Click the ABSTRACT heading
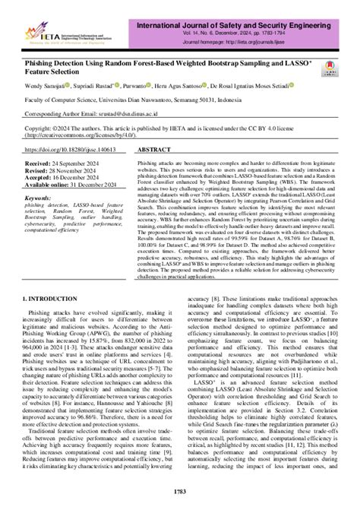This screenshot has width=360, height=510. [x=156, y=150]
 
